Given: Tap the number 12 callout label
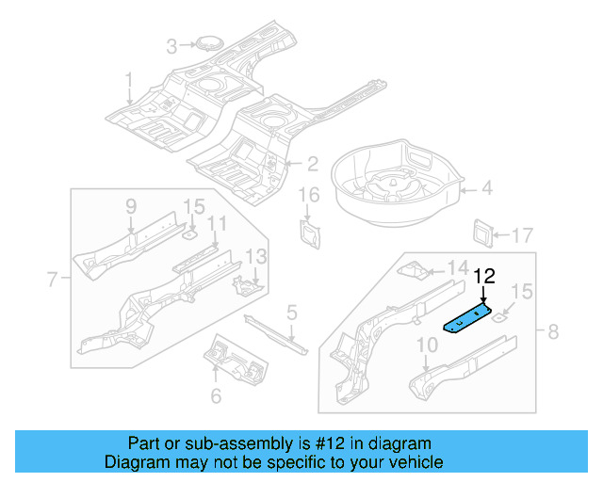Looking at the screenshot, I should click(x=483, y=277).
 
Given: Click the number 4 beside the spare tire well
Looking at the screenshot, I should click(x=486, y=188).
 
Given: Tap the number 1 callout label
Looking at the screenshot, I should click(x=129, y=80).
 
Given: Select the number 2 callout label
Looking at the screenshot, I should click(x=312, y=164).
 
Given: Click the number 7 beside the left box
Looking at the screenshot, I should click(x=53, y=278).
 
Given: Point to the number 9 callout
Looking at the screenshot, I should click(x=131, y=206).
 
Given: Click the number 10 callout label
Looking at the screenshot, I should click(x=426, y=345).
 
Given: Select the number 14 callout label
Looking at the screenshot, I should click(x=456, y=266).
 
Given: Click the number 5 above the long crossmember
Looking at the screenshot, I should click(x=292, y=312).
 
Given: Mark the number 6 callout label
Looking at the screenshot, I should click(x=216, y=396).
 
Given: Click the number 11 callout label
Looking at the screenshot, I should click(x=218, y=223).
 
